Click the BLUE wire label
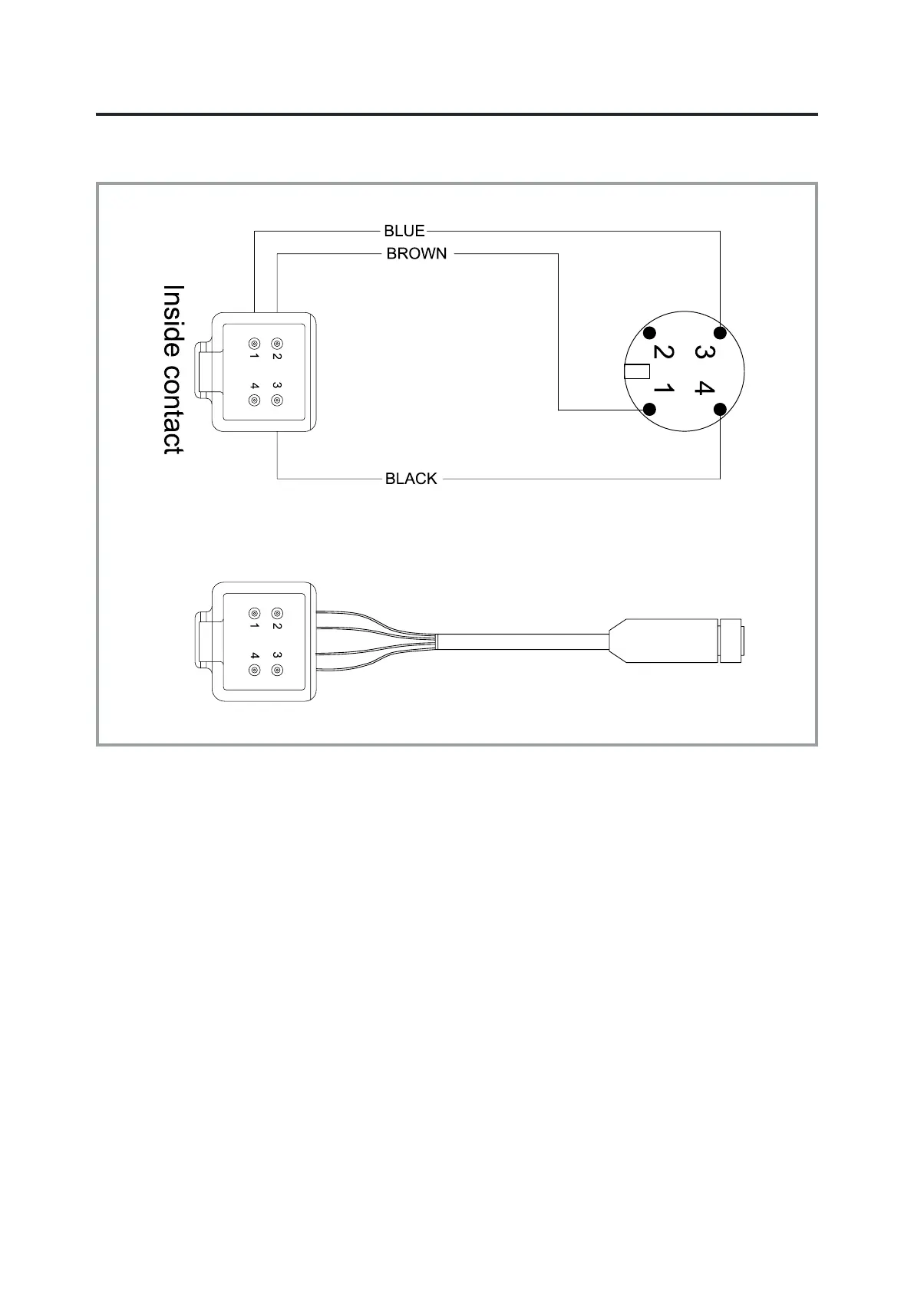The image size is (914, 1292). click(404, 231)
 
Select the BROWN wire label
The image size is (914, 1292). click(416, 254)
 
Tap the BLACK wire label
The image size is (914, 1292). click(411, 479)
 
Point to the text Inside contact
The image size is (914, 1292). click(173, 370)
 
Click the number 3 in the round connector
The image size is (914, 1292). click(701, 352)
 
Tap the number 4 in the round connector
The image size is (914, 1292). click(701, 388)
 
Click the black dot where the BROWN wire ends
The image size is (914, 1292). click(650, 410)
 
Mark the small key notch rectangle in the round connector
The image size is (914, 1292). click(638, 372)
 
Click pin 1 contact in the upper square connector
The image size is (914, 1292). click(254, 344)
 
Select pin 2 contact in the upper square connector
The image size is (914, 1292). click(277, 344)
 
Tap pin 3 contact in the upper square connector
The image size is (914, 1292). click(277, 400)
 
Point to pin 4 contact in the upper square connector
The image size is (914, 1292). click(254, 400)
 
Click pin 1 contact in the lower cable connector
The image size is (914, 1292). click(254, 614)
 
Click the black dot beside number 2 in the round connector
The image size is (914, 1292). click(650, 333)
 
